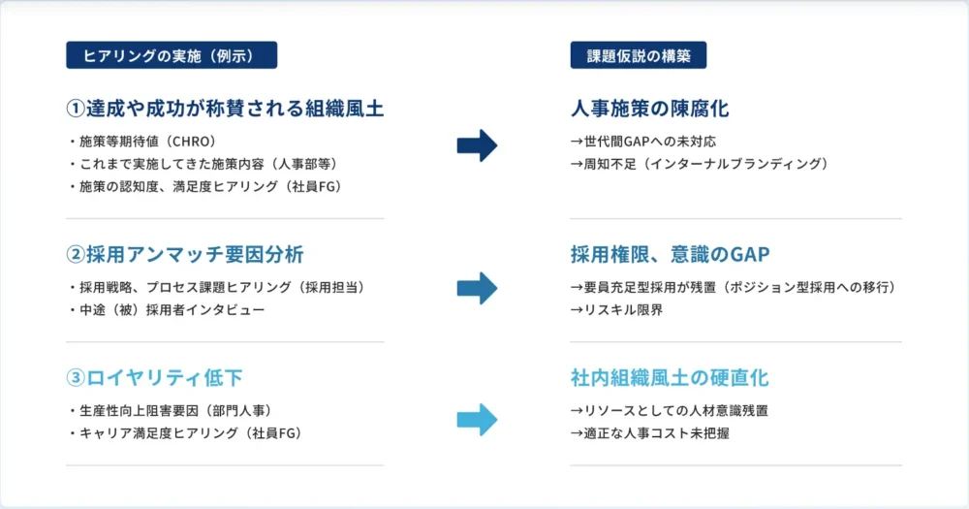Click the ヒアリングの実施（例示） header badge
coord(172,55)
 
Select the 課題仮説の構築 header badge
coord(639,55)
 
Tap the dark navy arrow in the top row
coord(477,146)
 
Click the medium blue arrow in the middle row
coord(477,288)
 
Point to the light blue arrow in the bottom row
coord(477,420)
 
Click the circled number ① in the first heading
coord(76,109)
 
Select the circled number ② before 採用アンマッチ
coord(76,254)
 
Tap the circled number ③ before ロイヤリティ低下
coord(76,378)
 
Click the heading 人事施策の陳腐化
coord(649,109)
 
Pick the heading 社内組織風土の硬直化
coord(670,378)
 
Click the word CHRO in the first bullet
coord(194,142)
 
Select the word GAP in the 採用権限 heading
coord(750,254)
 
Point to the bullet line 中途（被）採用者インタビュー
coord(167,310)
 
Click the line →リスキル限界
coord(616,310)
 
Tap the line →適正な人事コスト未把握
coord(649,433)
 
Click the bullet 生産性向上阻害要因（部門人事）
coord(171,411)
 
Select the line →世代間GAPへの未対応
coord(643,142)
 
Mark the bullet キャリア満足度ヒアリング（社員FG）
coord(185,433)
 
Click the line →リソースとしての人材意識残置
coord(670,411)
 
